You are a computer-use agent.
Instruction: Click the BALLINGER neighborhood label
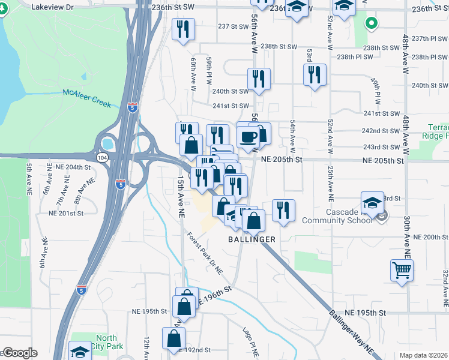(x=252, y=239)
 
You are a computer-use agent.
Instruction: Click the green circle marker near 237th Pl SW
(x=372, y=24)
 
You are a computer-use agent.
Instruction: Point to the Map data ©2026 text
(x=423, y=355)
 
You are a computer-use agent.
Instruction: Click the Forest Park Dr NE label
(x=204, y=254)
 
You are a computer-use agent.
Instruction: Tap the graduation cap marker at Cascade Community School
(x=372, y=202)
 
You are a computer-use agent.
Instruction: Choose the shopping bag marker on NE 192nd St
(x=173, y=338)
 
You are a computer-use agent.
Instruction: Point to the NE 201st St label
(x=66, y=213)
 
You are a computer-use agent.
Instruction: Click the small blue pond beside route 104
(x=108, y=144)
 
